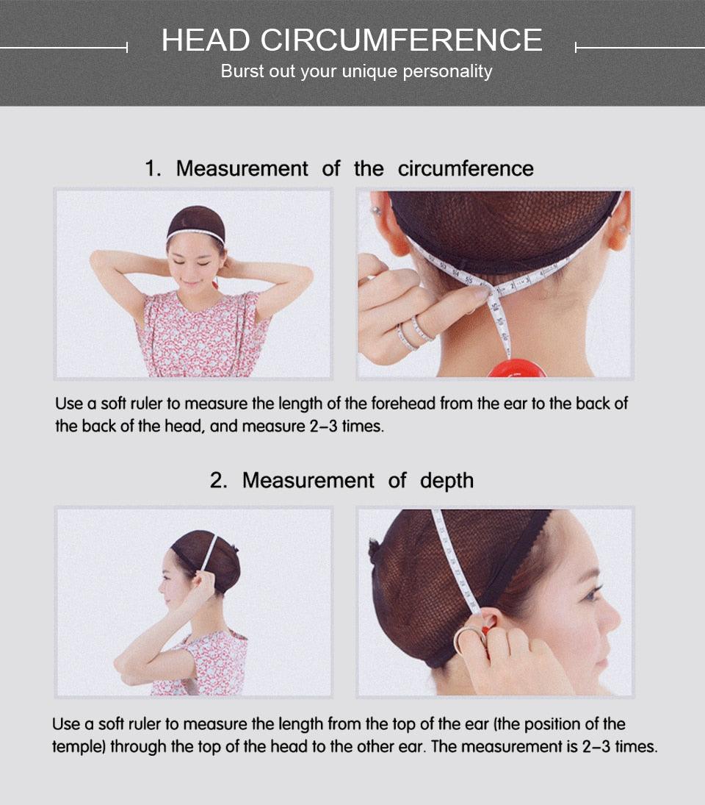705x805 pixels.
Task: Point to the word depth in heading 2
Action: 446,481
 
